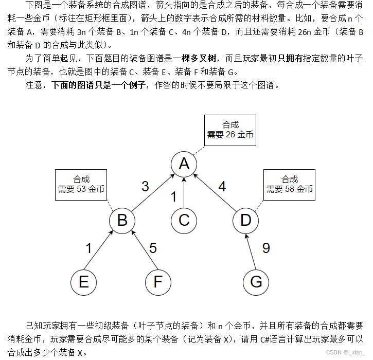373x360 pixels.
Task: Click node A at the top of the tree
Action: tap(184, 164)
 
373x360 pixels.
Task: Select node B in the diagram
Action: tap(122, 220)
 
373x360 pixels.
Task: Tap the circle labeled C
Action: tap(184, 220)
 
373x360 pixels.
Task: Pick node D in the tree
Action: tap(245, 220)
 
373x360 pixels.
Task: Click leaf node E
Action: tap(83, 282)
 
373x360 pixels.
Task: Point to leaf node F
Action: tap(158, 282)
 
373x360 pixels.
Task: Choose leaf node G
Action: tap(256, 282)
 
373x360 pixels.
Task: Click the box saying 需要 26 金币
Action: tap(230, 130)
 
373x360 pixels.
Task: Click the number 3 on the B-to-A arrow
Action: tap(145, 186)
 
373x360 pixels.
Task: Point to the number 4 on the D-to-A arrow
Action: tap(222, 186)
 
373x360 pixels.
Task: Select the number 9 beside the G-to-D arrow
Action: tap(265, 248)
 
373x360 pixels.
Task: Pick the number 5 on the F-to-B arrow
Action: tap(153, 248)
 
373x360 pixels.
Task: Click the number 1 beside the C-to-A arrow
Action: tap(173, 197)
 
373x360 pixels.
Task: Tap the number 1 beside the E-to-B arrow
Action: tap(88, 248)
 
